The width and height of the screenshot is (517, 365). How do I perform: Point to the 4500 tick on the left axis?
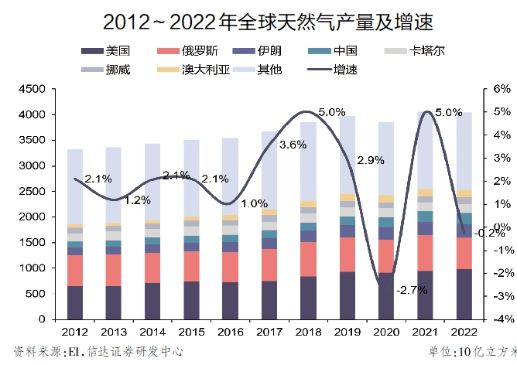34,89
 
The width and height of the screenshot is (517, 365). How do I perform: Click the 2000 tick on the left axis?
34,217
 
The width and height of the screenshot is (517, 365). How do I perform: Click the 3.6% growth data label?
293,145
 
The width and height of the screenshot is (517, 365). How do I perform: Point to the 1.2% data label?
137,200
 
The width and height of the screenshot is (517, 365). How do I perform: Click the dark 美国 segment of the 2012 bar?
75,302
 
